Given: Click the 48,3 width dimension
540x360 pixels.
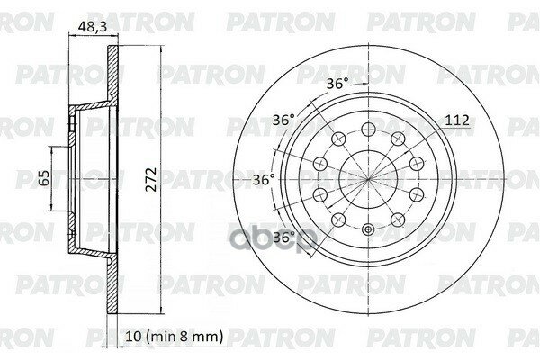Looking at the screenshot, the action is pyautogui.click(x=93, y=27).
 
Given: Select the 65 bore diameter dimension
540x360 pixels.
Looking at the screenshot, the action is pyautogui.click(x=44, y=178).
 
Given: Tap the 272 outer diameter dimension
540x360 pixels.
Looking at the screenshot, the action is pyautogui.click(x=151, y=179).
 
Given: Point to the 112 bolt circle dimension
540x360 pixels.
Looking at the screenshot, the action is pyautogui.click(x=457, y=121).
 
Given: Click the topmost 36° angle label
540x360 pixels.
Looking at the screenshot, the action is pyautogui.click(x=337, y=84).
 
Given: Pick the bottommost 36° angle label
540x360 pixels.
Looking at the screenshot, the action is pyautogui.click(x=284, y=237).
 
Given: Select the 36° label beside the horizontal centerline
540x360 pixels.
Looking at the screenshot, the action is pyautogui.click(x=264, y=179).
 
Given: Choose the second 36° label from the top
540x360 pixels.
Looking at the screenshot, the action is pyautogui.click(x=283, y=120).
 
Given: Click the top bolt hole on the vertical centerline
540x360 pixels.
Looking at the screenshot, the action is pyautogui.click(x=368, y=130).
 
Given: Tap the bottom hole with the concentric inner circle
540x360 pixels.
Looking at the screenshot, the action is pyautogui.click(x=368, y=229).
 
